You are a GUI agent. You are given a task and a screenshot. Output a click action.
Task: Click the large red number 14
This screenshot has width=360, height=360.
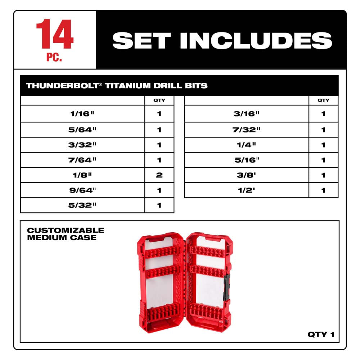(55, 35)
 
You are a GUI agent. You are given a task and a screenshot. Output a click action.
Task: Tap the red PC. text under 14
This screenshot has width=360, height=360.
(54, 58)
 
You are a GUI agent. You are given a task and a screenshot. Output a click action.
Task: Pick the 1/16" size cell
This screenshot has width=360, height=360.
(83, 114)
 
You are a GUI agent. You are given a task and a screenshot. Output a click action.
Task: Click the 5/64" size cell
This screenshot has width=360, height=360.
(83, 130)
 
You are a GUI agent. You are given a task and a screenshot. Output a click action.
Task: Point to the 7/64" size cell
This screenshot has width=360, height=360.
(83, 160)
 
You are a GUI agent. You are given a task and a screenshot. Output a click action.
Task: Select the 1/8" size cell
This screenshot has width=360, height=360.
(83, 175)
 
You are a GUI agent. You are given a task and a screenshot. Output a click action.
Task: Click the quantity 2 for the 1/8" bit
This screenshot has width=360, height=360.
(159, 175)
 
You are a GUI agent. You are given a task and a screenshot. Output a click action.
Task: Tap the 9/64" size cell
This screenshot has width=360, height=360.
(83, 190)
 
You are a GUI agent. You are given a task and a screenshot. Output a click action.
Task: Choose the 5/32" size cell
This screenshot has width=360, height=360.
(83, 206)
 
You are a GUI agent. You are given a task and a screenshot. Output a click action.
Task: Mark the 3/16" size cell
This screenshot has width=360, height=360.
(247, 114)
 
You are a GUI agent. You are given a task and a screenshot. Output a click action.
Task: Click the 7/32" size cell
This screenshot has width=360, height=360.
(247, 130)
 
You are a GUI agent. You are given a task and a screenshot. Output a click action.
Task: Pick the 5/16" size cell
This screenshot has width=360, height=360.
(247, 160)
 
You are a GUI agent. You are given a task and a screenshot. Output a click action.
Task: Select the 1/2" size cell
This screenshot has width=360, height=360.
(247, 190)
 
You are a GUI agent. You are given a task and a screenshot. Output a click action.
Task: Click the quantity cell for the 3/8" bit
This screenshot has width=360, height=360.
(323, 175)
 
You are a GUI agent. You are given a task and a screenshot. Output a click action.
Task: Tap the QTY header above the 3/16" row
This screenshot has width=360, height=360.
(323, 100)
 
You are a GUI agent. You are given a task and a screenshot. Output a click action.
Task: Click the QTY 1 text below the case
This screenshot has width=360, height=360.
(321, 334)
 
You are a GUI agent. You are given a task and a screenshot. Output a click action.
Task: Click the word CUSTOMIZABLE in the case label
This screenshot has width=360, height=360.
(66, 230)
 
